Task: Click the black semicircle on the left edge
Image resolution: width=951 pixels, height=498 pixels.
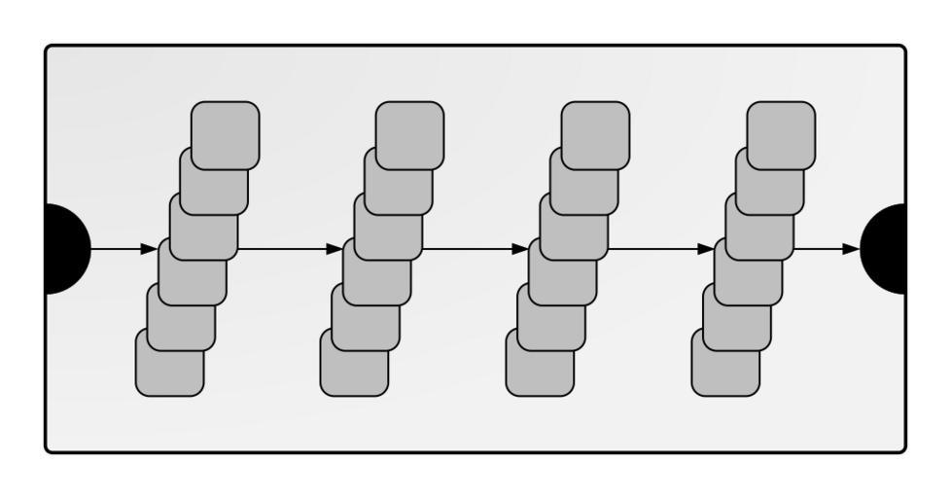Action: (66, 249)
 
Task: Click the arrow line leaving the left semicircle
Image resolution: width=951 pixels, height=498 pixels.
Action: (117, 249)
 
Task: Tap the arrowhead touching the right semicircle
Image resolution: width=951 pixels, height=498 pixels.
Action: (852, 249)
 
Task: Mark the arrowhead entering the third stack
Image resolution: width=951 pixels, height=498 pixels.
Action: (520, 249)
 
